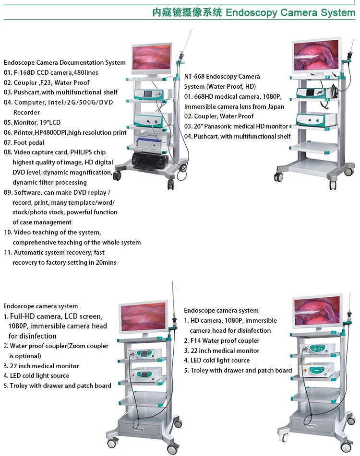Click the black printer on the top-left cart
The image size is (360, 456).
(x=149, y=160)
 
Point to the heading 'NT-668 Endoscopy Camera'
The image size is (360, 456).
(x=222, y=76)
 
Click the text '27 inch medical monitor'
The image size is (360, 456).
(x=44, y=366)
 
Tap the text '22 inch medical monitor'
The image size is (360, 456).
(x=225, y=351)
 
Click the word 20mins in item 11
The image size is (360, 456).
(x=106, y=262)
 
